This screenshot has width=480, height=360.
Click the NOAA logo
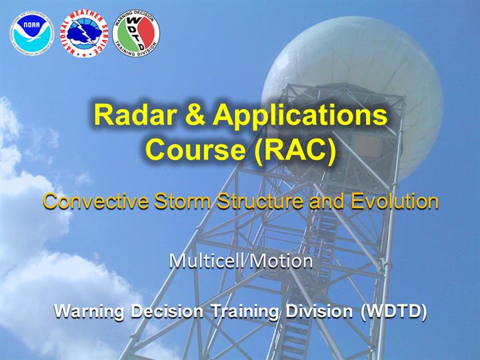[32, 33]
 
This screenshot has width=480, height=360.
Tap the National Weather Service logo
[84, 33]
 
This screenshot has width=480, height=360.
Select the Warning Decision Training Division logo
[136, 33]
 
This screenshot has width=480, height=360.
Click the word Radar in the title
[135, 115]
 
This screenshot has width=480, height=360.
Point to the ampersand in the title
[195, 115]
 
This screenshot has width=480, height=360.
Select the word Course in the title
[195, 149]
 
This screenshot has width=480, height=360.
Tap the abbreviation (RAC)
[295, 151]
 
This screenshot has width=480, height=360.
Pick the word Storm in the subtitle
[183, 201]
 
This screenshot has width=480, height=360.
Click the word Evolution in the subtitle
[395, 201]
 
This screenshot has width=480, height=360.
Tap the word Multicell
[206, 261]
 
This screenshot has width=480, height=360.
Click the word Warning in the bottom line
[89, 312]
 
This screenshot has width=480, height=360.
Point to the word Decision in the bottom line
[167, 311]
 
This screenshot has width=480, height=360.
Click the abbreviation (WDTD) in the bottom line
[393, 312]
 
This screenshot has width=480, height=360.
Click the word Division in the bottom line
[319, 311]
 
